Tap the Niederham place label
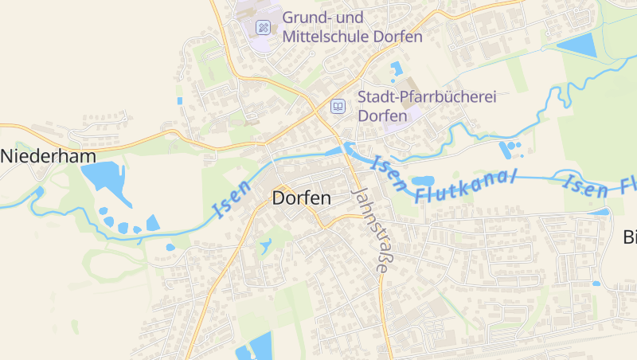pos(48,156)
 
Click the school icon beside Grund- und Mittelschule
pos(263,27)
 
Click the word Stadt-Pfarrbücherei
pos(427,97)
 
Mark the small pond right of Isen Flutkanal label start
pos(422,182)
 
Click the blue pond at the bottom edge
pos(256,348)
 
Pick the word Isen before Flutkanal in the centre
pos(389,174)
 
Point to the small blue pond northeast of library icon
pos(396,68)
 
